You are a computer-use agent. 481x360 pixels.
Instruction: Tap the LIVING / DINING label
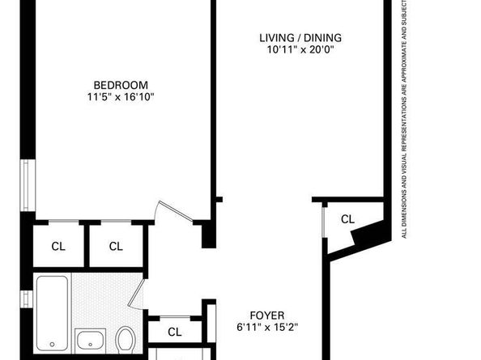300,37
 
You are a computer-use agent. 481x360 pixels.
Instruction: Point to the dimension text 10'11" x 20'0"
300,49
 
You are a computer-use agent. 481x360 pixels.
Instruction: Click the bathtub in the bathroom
53,312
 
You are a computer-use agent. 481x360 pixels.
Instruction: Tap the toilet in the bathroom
126,339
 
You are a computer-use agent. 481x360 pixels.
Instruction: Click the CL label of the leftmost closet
58,246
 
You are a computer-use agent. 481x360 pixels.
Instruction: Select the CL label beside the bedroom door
116,246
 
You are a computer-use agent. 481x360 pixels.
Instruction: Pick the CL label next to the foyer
175,332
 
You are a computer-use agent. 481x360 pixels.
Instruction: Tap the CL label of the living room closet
347,218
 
